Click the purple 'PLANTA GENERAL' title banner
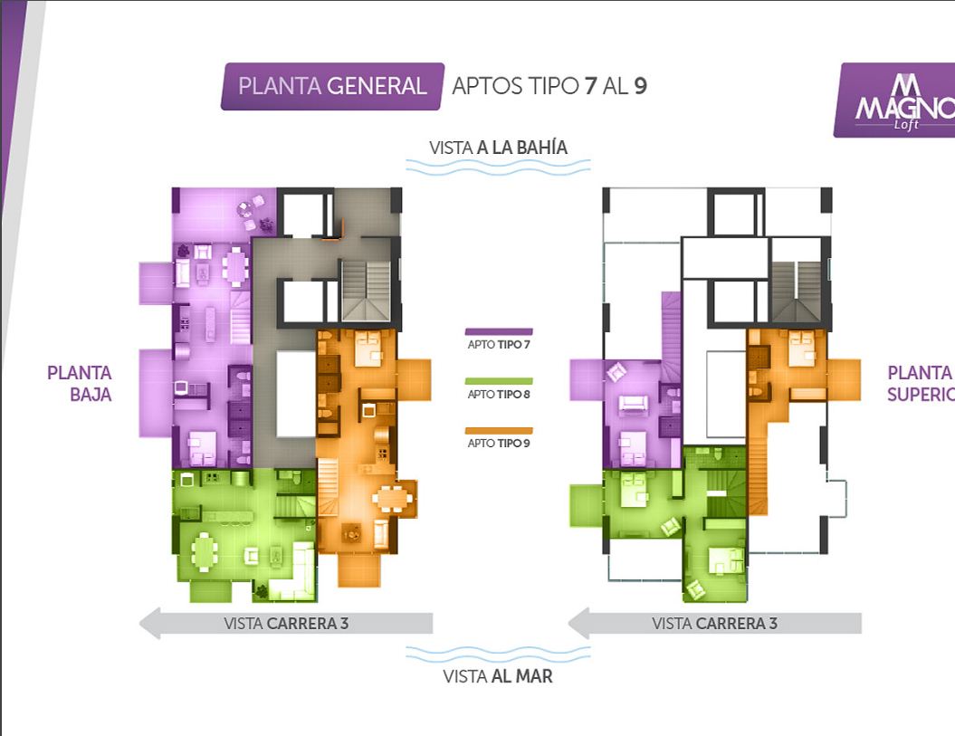332,87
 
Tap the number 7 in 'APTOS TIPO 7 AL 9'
590,86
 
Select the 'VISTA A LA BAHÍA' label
498,148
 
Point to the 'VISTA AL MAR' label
498,676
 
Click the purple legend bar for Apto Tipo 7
499,332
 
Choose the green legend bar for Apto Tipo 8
499,381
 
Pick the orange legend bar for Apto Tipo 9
499,431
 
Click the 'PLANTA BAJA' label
80,384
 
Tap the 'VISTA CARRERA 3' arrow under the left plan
286,623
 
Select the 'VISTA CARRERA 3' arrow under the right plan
715,623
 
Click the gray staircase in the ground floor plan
366,291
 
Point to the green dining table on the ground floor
205,552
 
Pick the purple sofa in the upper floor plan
634,404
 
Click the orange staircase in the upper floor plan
758,476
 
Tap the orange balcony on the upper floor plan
845,379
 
